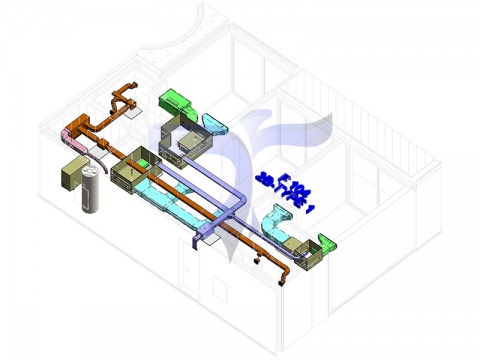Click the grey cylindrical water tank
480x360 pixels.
pos(89,195)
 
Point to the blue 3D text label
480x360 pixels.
pos(286,189)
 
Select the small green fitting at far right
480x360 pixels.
pos(326,239)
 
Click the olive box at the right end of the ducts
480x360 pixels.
pos(306,254)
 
